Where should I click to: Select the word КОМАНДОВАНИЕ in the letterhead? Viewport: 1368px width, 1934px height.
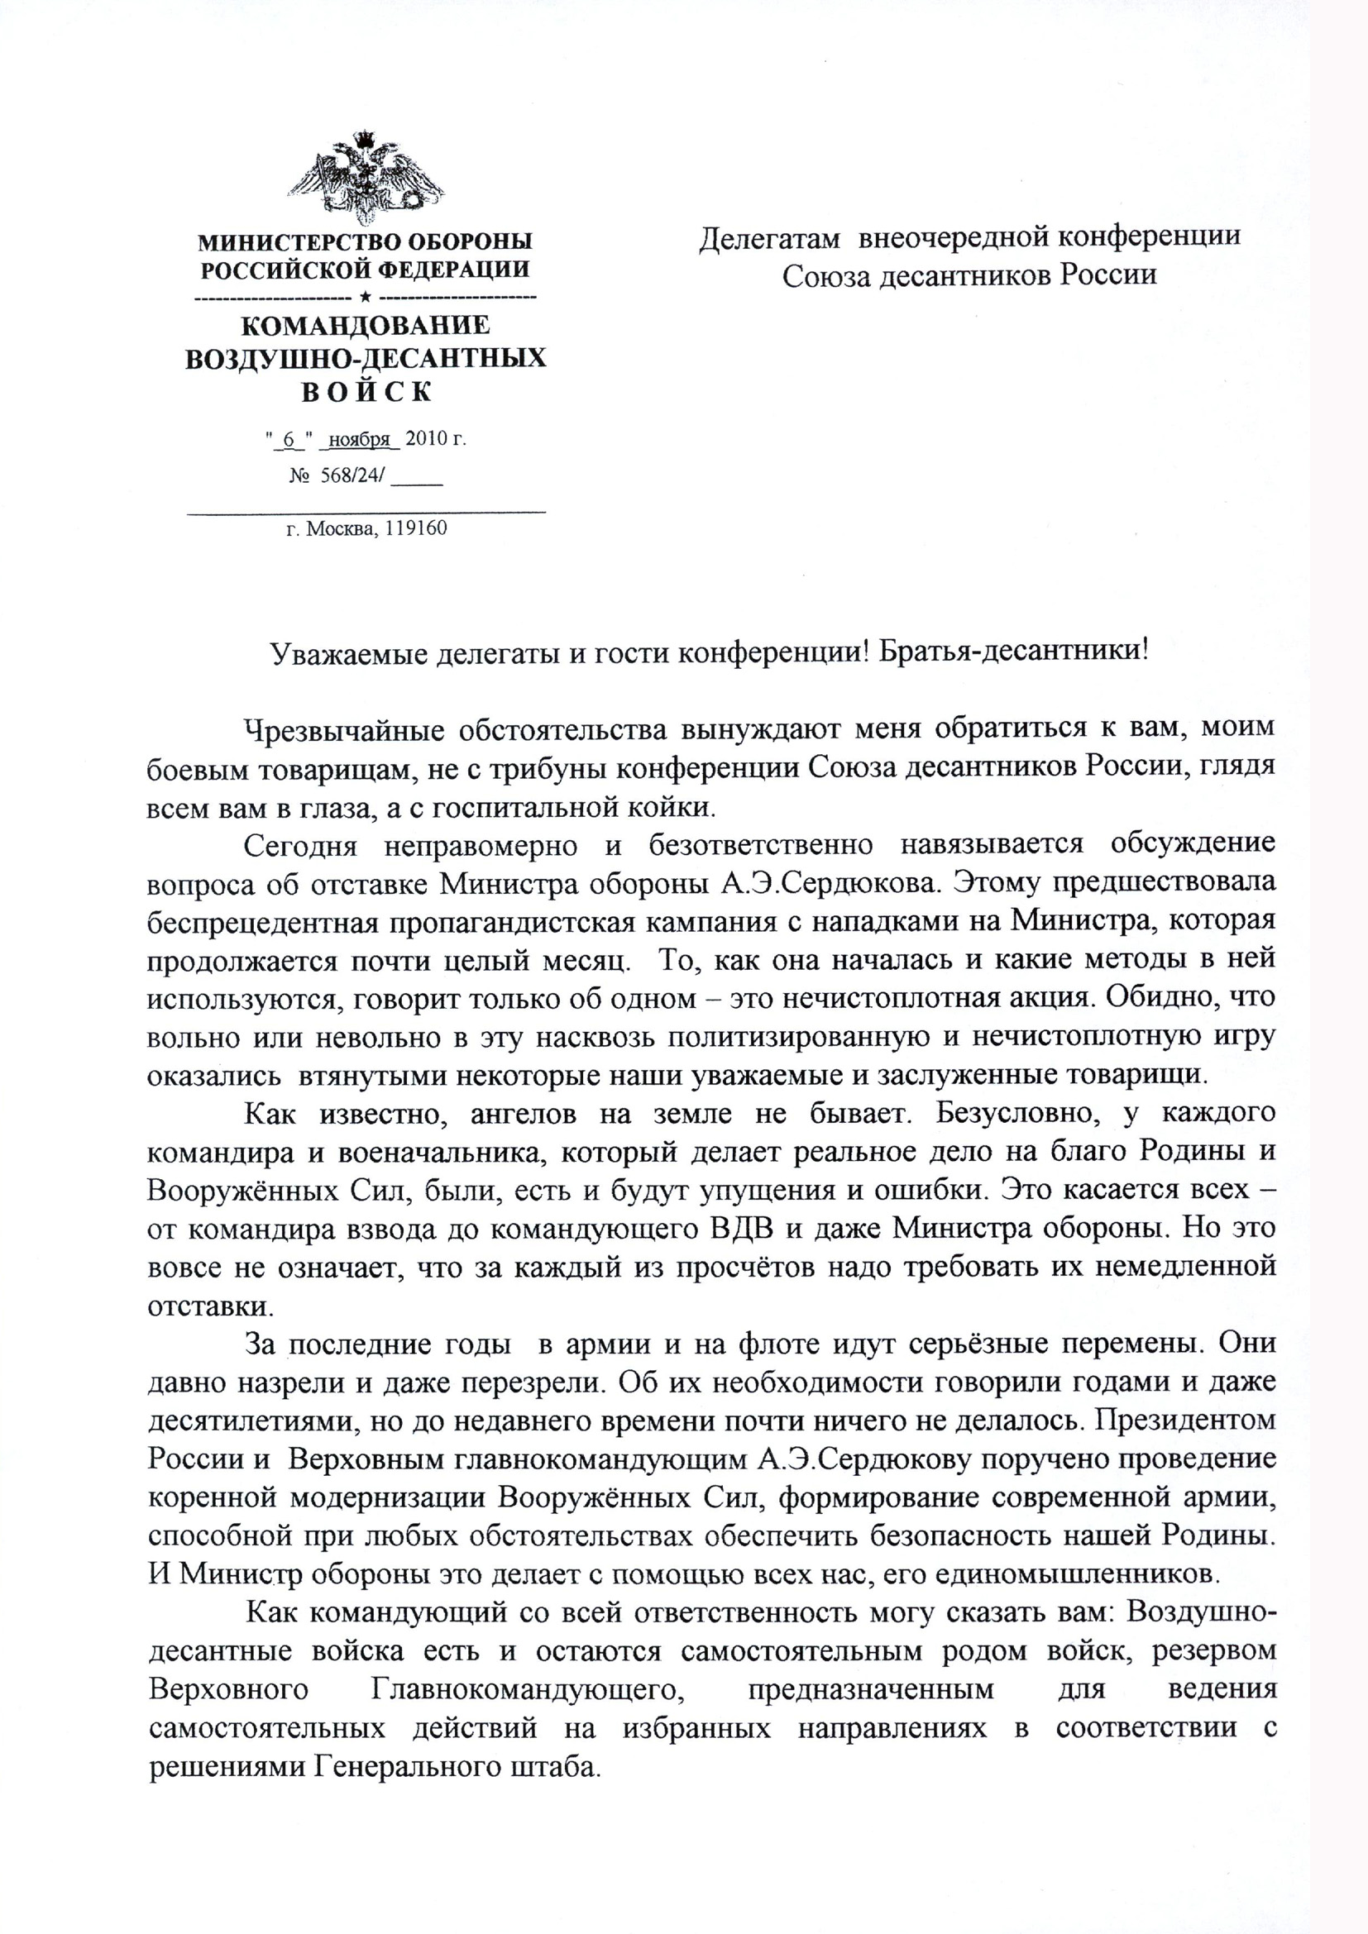point(365,327)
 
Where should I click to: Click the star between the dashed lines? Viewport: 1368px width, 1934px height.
point(366,298)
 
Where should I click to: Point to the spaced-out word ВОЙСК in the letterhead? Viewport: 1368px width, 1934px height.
point(366,393)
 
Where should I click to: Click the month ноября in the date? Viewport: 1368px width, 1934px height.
point(360,439)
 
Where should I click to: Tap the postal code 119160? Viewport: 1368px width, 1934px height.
point(415,529)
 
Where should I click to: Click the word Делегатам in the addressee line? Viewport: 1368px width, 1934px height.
point(769,238)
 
